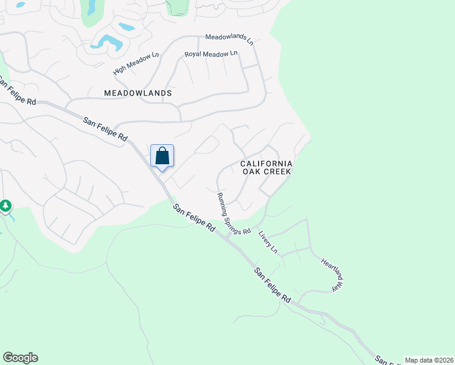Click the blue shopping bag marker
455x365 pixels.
[x=162, y=156]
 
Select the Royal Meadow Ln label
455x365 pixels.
[x=210, y=55]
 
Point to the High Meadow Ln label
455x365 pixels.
[x=136, y=63]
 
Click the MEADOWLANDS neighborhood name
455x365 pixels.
[x=138, y=94]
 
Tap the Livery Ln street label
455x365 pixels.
[x=268, y=242]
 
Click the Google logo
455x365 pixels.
[x=20, y=358]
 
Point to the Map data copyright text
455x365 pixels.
[x=429, y=360]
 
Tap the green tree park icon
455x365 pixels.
[x=5, y=206]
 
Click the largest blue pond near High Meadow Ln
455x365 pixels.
[x=108, y=41]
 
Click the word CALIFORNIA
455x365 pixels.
[x=266, y=164]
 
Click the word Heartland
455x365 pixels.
[x=329, y=268]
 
